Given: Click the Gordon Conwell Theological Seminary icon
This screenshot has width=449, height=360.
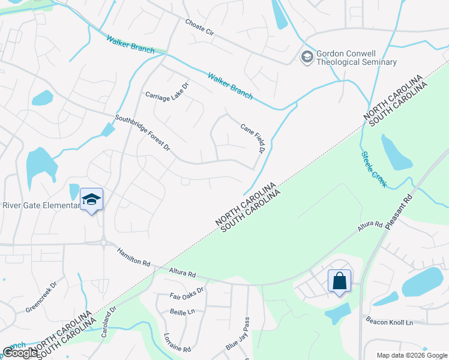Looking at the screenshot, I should (307, 57).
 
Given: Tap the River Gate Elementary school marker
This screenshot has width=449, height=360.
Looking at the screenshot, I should (91, 200).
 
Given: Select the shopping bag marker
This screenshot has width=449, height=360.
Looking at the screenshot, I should (339, 281).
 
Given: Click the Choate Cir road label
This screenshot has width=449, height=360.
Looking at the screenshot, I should (200, 28).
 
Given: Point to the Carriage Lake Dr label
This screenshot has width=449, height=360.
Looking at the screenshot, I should (167, 91).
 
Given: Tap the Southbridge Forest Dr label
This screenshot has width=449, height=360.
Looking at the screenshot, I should (143, 133).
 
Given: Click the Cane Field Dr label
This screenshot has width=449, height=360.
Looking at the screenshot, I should (253, 138).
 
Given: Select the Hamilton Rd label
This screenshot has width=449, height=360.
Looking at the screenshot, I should (133, 257).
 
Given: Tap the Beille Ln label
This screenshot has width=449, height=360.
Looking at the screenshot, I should (182, 312).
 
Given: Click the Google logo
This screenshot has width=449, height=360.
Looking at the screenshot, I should (20, 353).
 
